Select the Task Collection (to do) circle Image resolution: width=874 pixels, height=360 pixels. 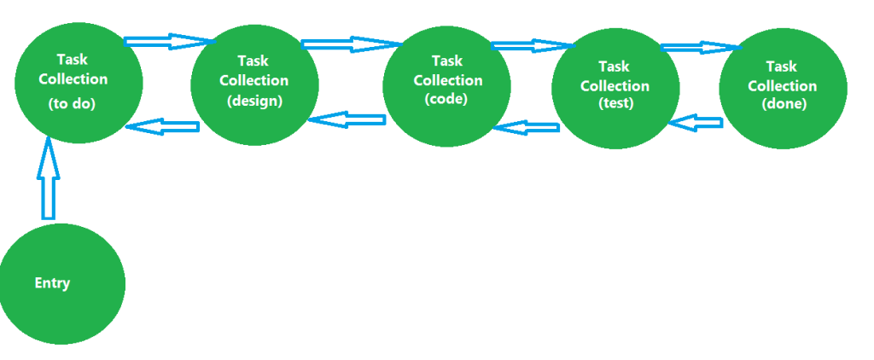79,82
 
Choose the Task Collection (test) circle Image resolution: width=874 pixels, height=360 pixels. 615,88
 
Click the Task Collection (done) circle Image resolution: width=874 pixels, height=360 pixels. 783,88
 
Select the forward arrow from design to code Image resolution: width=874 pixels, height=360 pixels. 350,44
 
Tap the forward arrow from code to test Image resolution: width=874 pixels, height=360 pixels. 530,45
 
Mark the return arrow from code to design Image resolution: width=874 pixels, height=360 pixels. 347,119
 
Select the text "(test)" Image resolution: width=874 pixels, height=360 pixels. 615,104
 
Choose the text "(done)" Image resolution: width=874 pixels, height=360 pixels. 783,104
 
